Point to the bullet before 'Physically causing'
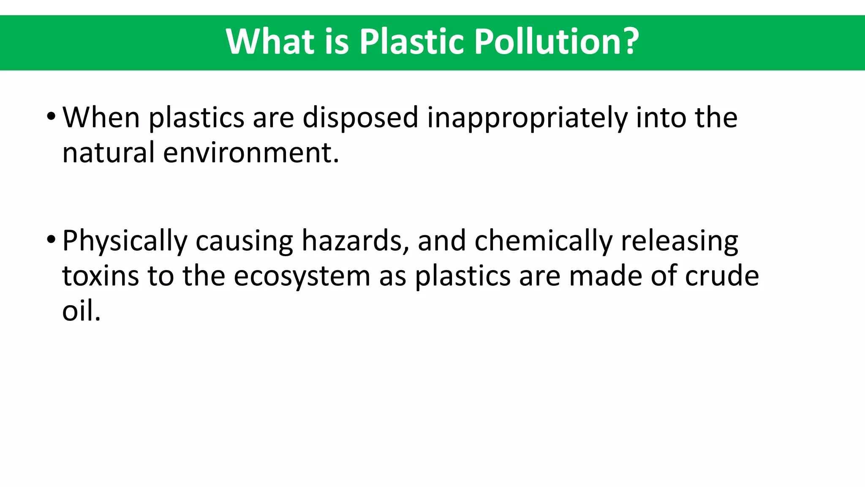point(51,239)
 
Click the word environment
point(250,153)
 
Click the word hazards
point(355,241)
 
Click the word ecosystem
point(302,277)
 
